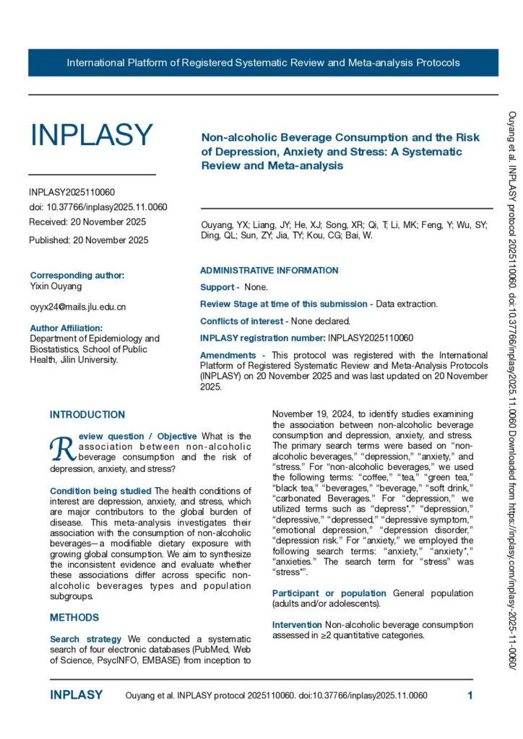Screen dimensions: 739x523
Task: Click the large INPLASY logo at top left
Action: (91, 135)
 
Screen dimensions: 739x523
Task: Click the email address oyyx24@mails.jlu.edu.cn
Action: (77, 307)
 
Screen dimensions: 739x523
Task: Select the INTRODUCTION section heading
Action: (87, 415)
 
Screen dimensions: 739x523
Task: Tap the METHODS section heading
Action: (74, 618)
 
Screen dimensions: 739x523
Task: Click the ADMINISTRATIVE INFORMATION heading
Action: (269, 271)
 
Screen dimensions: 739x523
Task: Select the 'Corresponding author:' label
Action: (77, 275)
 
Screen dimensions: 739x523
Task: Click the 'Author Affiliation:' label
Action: (66, 328)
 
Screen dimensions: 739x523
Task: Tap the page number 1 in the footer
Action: (470, 696)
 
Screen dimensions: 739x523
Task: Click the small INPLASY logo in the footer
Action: (76, 696)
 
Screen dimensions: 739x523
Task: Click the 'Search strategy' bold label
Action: (75, 639)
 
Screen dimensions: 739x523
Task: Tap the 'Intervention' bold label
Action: (297, 624)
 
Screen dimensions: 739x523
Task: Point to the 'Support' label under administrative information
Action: (217, 287)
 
